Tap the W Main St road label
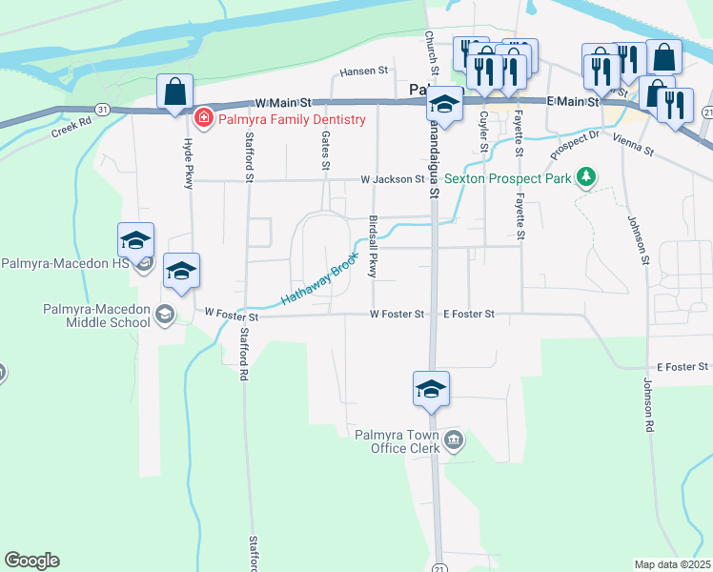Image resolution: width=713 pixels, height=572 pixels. pos(283,101)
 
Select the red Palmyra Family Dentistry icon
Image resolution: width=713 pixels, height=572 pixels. pos(203,119)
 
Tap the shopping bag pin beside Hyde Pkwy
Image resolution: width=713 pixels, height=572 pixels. pos(175,94)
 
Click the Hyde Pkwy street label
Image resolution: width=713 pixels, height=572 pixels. pos(188,161)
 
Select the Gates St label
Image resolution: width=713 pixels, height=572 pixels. pos(326,151)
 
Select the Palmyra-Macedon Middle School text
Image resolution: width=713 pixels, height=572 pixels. pos(96,316)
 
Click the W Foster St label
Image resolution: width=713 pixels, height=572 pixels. pos(232,314)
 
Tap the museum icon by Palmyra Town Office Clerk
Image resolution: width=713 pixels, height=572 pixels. pos(455,439)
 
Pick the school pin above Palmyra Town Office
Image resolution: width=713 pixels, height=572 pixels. pos(431,390)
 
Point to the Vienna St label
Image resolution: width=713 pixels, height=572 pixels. pos(634,145)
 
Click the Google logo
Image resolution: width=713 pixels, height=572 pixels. pos(31,561)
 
